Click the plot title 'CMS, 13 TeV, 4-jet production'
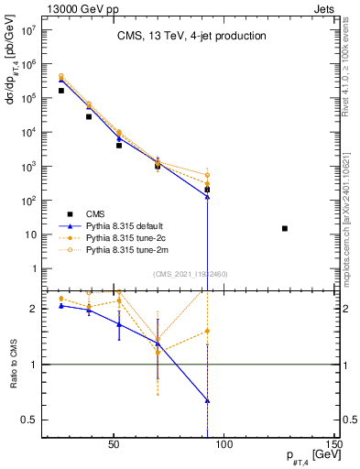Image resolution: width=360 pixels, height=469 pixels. [191, 37]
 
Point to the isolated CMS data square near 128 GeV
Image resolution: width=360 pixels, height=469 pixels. [285, 228]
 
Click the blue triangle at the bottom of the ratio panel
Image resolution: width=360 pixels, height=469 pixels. [208, 400]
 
